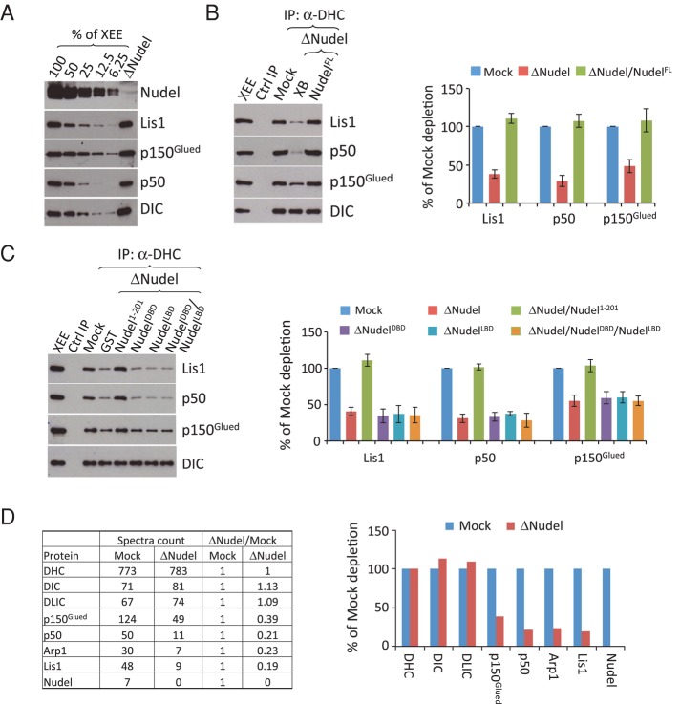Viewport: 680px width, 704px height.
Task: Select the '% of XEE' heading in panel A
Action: pyautogui.click(x=84, y=13)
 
